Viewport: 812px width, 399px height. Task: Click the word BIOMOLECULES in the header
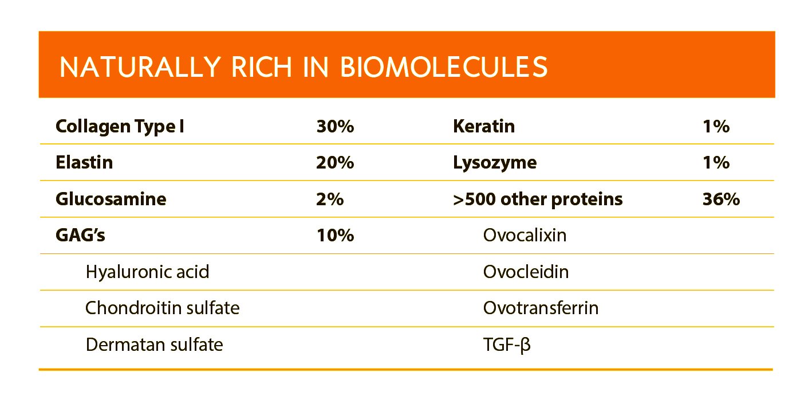click(444, 67)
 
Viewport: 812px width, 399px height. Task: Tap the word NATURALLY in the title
click(135, 67)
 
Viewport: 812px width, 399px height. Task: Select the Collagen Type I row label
click(120, 126)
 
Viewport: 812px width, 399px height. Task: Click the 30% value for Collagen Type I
click(335, 126)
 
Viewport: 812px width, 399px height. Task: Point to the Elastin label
click(84, 163)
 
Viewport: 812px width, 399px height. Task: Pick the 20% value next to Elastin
click(335, 163)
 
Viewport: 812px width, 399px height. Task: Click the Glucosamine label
click(111, 199)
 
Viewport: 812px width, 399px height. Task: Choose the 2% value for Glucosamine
click(330, 199)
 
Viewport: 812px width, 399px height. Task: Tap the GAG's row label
click(80, 235)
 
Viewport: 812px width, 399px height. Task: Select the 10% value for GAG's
click(335, 235)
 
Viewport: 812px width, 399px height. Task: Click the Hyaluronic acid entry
click(147, 272)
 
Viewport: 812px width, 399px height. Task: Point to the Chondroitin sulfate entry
click(162, 308)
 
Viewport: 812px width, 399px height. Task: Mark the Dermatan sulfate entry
click(154, 345)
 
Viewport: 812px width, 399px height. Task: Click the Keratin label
click(483, 126)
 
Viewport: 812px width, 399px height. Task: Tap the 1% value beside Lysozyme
click(716, 163)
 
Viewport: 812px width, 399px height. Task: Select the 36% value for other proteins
click(721, 199)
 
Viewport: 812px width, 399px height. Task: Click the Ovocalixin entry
click(525, 235)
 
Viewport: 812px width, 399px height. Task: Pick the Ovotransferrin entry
click(541, 308)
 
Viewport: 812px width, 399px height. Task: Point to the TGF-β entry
click(507, 345)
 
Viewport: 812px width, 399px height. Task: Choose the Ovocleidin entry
click(526, 272)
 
